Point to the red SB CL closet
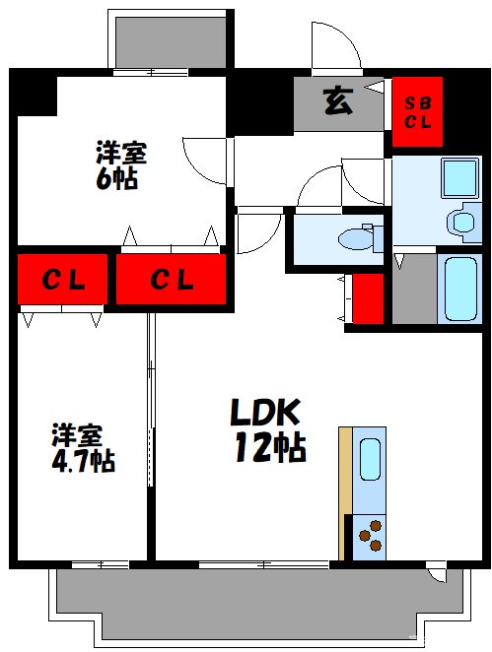tap(418, 111)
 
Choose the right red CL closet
tap(171, 280)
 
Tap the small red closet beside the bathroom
tap(368, 298)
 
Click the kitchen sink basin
tap(370, 459)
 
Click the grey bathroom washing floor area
tap(414, 288)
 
